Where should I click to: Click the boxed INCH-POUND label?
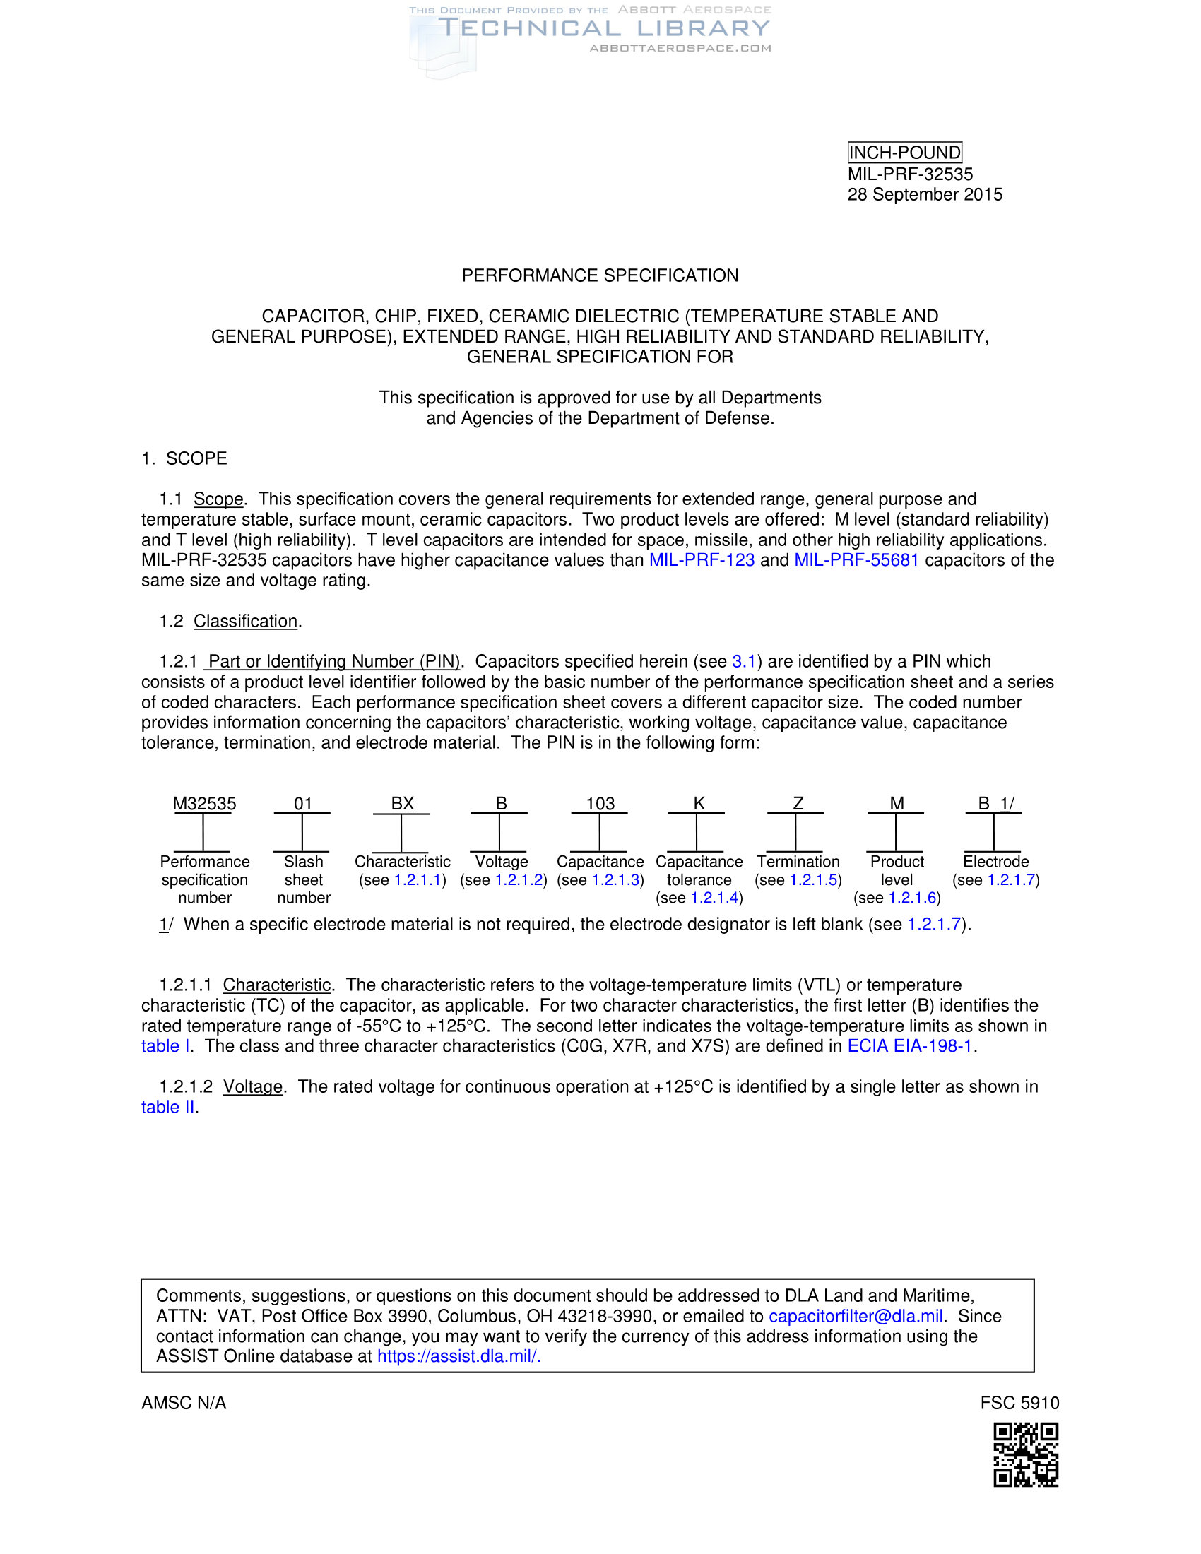pos(904,153)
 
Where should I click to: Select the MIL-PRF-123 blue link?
pos(702,560)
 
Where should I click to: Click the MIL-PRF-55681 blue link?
pos(856,560)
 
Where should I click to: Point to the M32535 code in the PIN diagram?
pos(204,803)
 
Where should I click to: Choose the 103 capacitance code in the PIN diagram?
pos(600,803)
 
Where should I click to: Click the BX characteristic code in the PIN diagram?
pos(402,803)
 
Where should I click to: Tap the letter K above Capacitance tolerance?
pos(699,803)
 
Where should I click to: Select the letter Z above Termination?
pos(798,803)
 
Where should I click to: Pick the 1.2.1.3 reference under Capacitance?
pos(615,880)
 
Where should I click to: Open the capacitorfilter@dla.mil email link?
pos(856,1317)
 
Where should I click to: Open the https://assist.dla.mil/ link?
pos(458,1356)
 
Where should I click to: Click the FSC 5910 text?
pos(1019,1403)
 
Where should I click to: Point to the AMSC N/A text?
pos(184,1403)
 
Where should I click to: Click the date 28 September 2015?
pos(924,194)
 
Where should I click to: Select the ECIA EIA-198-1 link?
pos(909,1046)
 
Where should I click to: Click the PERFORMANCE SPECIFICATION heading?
pos(600,275)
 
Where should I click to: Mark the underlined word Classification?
pos(245,621)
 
